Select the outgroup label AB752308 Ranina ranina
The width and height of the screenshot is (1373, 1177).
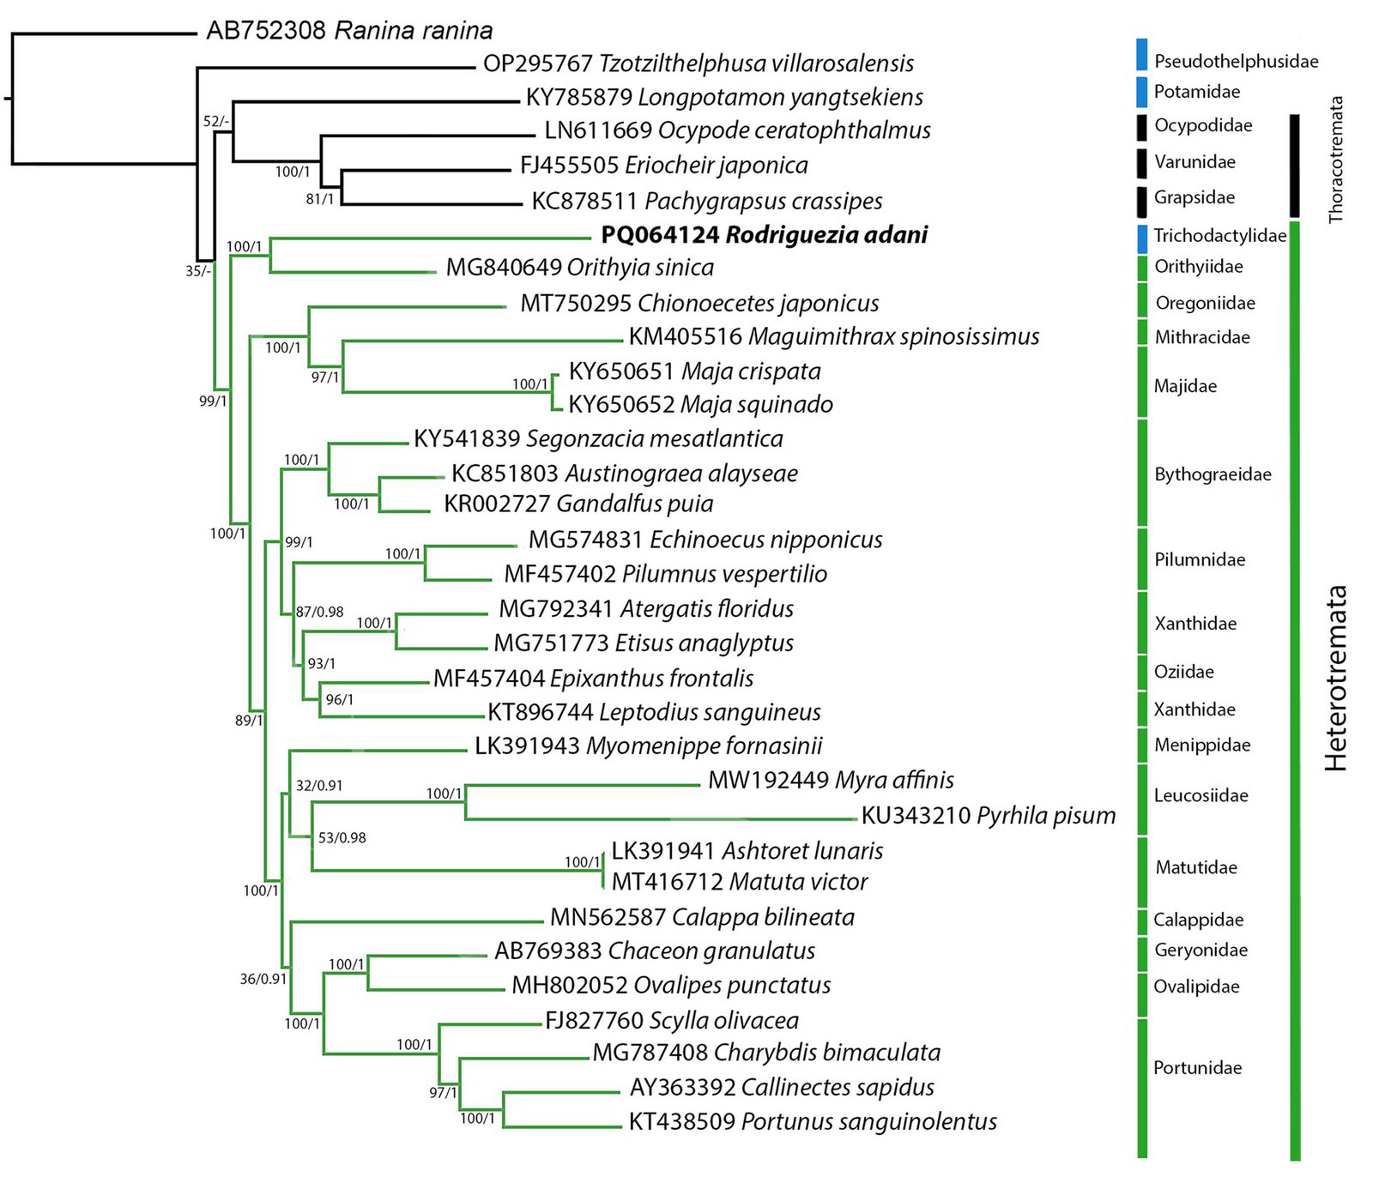pyautogui.click(x=349, y=31)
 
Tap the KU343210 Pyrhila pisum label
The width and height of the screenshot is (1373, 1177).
pyautogui.click(x=988, y=815)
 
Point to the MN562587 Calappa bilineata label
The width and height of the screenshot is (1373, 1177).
pyautogui.click(x=702, y=917)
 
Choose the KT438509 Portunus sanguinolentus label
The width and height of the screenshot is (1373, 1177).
pyautogui.click(x=813, y=1121)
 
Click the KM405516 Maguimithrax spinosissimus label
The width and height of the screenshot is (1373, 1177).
pyautogui.click(x=833, y=336)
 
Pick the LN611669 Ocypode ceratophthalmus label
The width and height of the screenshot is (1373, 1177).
pyautogui.click(x=737, y=130)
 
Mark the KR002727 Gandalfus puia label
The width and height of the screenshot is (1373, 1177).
pyautogui.click(x=578, y=504)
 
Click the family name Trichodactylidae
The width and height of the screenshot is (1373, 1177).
pyautogui.click(x=1219, y=236)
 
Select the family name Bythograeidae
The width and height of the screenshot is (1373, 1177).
pyautogui.click(x=1213, y=474)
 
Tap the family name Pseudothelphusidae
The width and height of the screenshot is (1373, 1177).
pyautogui.click(x=1236, y=61)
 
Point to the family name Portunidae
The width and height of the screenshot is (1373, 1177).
pyautogui.click(x=1197, y=1068)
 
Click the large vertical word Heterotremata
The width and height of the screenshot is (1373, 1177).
pyautogui.click(x=1335, y=678)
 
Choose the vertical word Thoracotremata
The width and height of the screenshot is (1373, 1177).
pyautogui.click(x=1335, y=160)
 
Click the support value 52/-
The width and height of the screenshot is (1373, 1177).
pyautogui.click(x=215, y=121)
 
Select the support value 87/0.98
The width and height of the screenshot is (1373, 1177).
pyautogui.click(x=319, y=612)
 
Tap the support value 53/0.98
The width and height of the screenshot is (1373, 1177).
pyautogui.click(x=342, y=837)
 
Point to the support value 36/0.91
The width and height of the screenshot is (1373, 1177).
pyautogui.click(x=263, y=978)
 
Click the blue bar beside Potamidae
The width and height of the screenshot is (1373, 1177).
pyautogui.click(x=1141, y=92)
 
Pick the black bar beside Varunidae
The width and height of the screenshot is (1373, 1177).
pyautogui.click(x=1141, y=163)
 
